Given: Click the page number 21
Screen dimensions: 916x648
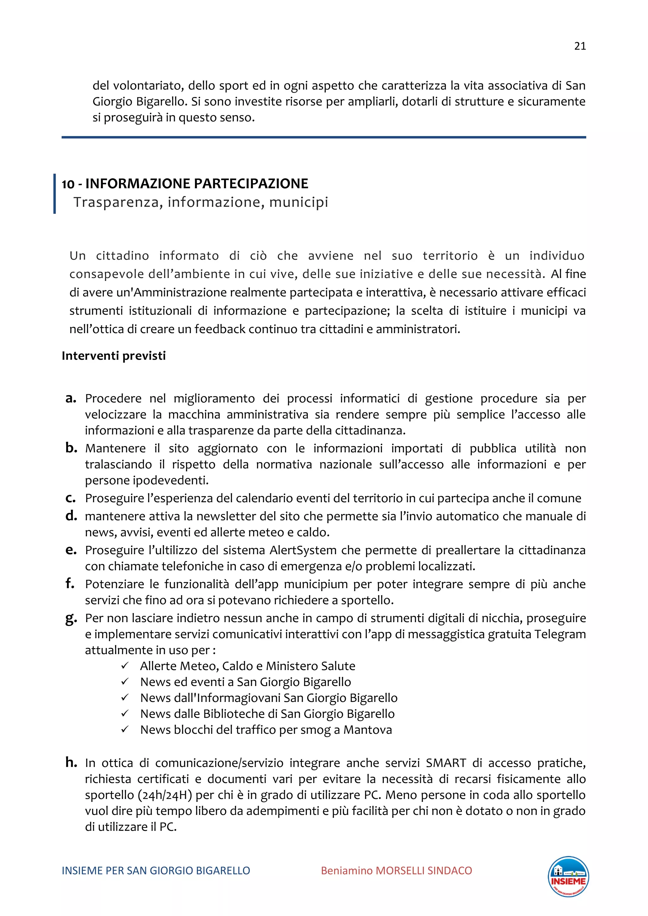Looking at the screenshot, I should pyautogui.click(x=580, y=46).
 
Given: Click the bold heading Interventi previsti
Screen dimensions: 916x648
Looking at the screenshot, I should pyautogui.click(x=113, y=356).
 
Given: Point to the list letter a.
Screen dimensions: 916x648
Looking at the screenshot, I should pyautogui.click(x=71, y=398).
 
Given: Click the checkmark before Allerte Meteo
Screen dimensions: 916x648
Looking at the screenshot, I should pyautogui.click(x=125, y=666).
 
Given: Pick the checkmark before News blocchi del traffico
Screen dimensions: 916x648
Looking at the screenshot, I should pyautogui.click(x=125, y=730).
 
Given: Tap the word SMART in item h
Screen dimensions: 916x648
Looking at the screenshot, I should pyautogui.click(x=446, y=763).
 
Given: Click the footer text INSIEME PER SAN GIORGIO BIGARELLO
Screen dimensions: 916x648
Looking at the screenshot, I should pyautogui.click(x=156, y=870).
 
